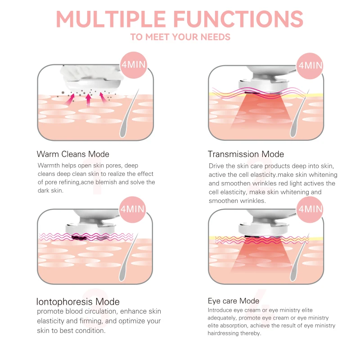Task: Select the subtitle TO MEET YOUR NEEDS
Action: click(180, 37)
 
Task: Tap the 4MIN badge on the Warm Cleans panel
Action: click(134, 64)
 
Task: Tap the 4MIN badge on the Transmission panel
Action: click(310, 65)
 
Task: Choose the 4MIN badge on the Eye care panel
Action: click(310, 209)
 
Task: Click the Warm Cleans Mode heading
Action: click(73, 154)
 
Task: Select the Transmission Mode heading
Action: click(246, 154)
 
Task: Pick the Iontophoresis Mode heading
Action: click(78, 301)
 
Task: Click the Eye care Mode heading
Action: click(233, 301)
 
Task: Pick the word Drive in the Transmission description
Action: click(216, 166)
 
